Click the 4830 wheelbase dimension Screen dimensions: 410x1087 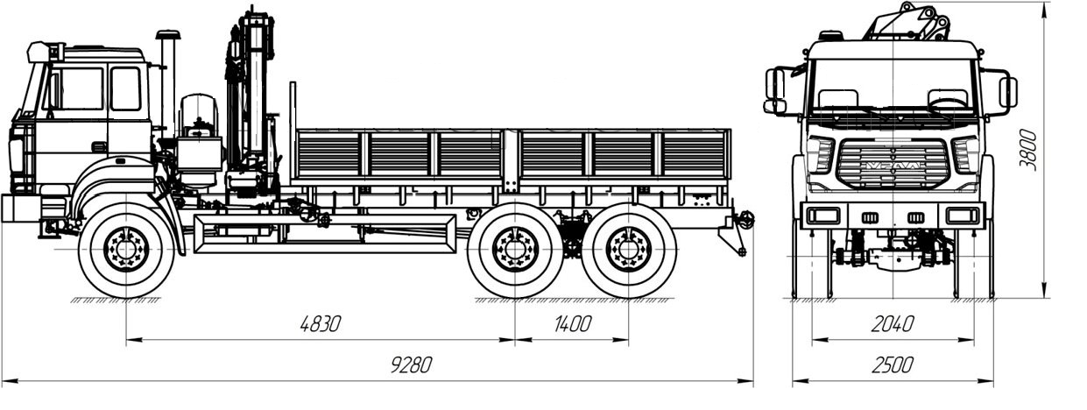[x=320, y=323]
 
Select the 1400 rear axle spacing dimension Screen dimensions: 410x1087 [x=573, y=323]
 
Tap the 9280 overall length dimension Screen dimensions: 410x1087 [x=411, y=365]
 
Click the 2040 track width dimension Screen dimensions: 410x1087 [x=892, y=323]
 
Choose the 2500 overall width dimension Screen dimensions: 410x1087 [x=892, y=364]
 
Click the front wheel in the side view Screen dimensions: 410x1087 [x=126, y=250]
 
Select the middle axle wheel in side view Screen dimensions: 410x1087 [x=515, y=250]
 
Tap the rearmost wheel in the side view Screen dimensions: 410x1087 [x=629, y=250]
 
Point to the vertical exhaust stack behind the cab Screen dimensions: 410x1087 [x=167, y=83]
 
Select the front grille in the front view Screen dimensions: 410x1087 [x=893, y=165]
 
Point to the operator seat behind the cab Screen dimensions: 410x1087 [x=200, y=118]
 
